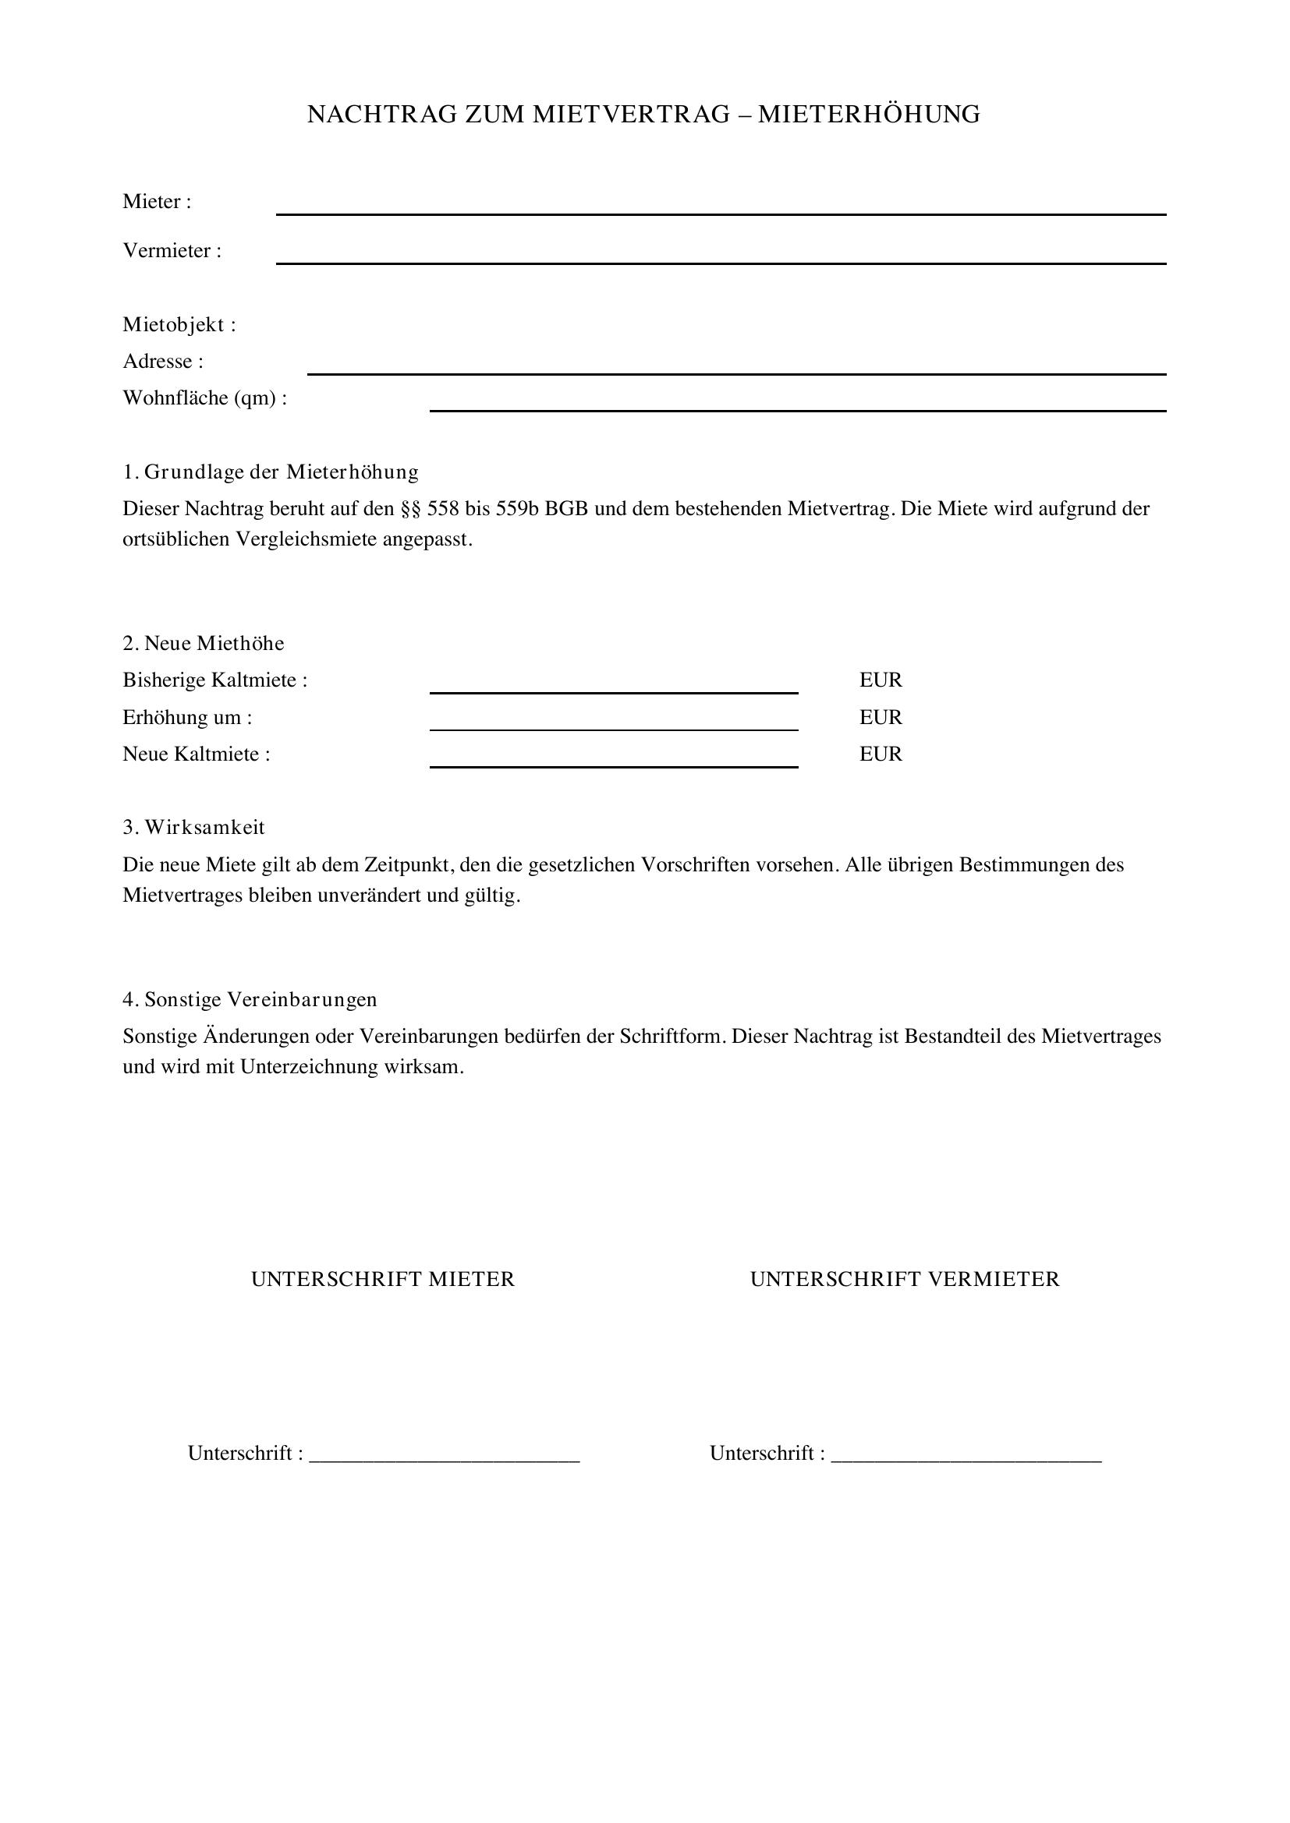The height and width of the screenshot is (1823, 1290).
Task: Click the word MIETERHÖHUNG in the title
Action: (x=868, y=115)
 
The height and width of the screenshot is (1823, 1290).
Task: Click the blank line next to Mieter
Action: (x=721, y=208)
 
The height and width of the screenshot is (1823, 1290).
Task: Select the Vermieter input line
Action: (x=721, y=257)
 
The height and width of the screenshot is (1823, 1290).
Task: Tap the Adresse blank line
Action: (x=736, y=368)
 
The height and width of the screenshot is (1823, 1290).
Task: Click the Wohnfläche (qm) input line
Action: (x=798, y=405)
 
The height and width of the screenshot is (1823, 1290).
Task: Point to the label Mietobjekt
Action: (x=179, y=325)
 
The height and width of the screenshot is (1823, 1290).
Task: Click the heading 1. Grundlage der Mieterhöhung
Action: (x=270, y=472)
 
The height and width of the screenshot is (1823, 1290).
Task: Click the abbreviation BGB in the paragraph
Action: (x=565, y=509)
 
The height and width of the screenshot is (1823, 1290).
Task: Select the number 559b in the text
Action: (x=517, y=509)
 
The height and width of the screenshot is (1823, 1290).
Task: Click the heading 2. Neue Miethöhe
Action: (x=204, y=643)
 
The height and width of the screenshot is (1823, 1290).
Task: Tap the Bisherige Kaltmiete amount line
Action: (x=613, y=687)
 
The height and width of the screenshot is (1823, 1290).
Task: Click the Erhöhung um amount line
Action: (x=613, y=723)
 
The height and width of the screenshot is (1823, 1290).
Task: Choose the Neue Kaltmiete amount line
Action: (x=613, y=761)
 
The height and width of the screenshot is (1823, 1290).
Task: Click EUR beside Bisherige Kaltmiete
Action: (x=880, y=680)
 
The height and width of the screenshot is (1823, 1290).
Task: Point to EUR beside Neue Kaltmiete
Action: (x=880, y=754)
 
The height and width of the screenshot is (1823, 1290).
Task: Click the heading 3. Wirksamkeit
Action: (x=194, y=828)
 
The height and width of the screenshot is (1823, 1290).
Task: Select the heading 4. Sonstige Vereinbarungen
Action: (x=250, y=1000)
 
